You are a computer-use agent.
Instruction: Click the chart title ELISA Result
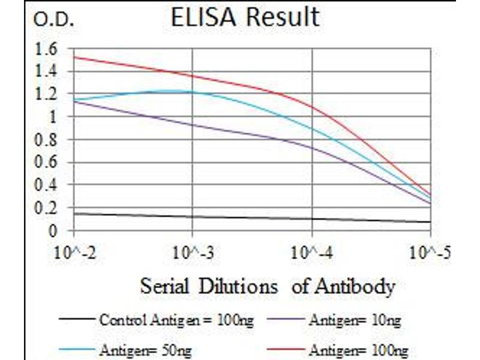pos(245,17)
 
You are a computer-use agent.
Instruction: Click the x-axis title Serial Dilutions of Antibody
pos(268,286)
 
